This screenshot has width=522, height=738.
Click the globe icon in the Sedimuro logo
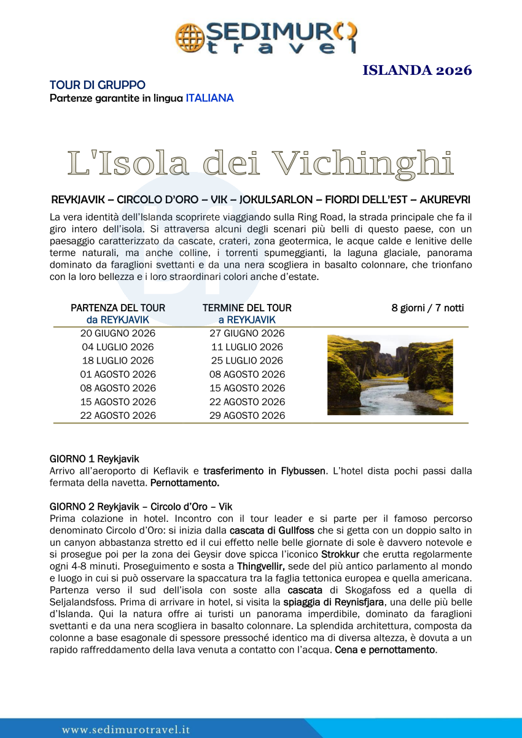click(x=188, y=37)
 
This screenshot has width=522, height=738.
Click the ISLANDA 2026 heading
click(x=417, y=70)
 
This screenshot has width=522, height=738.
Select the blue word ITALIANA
click(x=209, y=98)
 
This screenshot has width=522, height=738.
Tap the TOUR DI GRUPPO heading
click(x=98, y=85)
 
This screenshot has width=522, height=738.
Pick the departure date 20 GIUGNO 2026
click(x=118, y=333)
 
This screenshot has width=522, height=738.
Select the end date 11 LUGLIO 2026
click(x=247, y=347)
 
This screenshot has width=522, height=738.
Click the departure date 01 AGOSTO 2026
click(x=118, y=374)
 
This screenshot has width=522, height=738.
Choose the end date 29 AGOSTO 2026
click(x=247, y=415)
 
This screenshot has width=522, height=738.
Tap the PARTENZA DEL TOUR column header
click(x=118, y=308)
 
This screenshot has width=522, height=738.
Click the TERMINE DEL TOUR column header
click(x=247, y=308)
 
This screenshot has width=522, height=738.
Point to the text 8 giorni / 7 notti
click(x=427, y=308)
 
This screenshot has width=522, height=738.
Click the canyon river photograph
click(x=390, y=375)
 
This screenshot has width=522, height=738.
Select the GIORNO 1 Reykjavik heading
click(x=94, y=459)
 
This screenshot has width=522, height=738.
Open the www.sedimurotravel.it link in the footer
click(x=125, y=729)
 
